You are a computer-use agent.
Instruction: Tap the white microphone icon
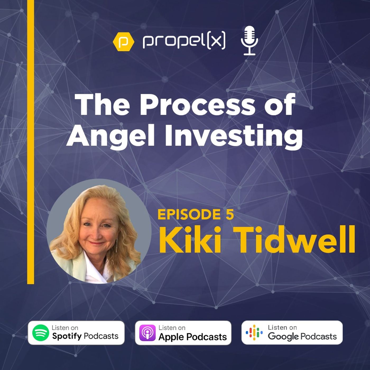pyautogui.click(x=249, y=40)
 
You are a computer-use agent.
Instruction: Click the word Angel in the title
pyautogui.click(x=110, y=135)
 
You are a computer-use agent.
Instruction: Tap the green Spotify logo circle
pyautogui.click(x=40, y=333)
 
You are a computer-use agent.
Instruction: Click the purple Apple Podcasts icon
pyautogui.click(x=147, y=333)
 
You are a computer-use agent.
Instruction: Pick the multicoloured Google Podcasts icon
pyautogui.click(x=254, y=332)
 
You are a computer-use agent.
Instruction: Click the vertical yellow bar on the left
pyautogui.click(x=31, y=142)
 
